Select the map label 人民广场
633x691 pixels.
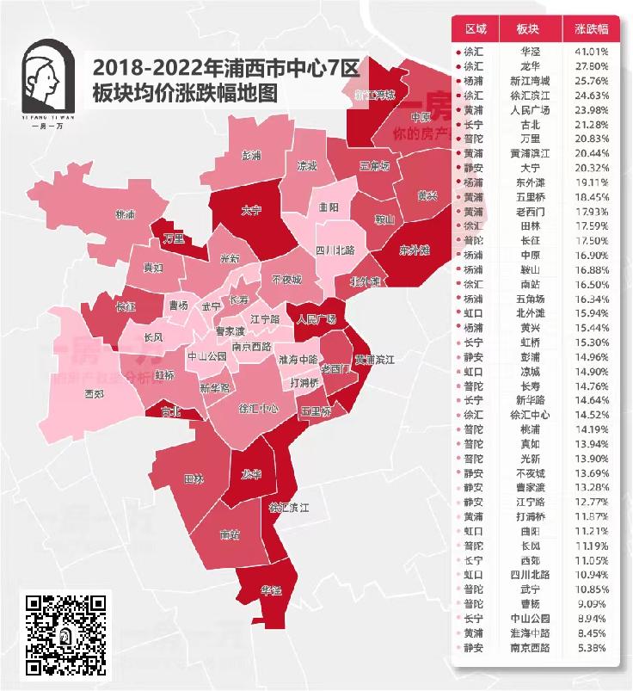(x=316, y=318)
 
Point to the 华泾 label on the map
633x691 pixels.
(x=272, y=591)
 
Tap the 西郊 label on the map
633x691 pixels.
(x=95, y=395)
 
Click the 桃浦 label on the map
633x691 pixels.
(x=126, y=213)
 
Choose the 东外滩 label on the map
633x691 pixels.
(x=415, y=250)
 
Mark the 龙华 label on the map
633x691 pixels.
(x=250, y=473)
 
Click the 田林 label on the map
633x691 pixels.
(x=194, y=478)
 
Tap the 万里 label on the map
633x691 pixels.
(x=174, y=238)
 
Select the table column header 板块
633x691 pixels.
(x=529, y=28)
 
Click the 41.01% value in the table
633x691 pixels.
(x=592, y=52)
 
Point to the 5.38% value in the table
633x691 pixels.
(x=592, y=647)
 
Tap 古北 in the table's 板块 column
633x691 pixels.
(x=529, y=125)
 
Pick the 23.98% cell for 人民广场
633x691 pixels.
(x=592, y=110)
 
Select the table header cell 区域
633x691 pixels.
(x=475, y=28)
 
